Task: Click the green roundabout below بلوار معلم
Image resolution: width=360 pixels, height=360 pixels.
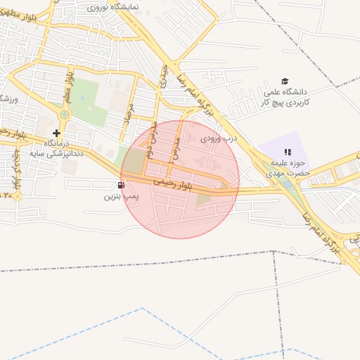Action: (x=65, y=114)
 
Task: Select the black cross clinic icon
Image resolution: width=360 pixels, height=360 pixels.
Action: (x=56, y=132)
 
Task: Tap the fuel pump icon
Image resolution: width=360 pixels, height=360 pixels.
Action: (x=122, y=186)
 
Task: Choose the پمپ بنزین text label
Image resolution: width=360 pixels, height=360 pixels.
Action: (x=118, y=196)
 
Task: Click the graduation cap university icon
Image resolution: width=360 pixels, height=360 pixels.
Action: (x=285, y=82)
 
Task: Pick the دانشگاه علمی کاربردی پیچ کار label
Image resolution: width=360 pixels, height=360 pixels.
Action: (x=286, y=97)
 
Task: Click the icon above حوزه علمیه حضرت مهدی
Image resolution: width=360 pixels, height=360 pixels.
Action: (x=287, y=152)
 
